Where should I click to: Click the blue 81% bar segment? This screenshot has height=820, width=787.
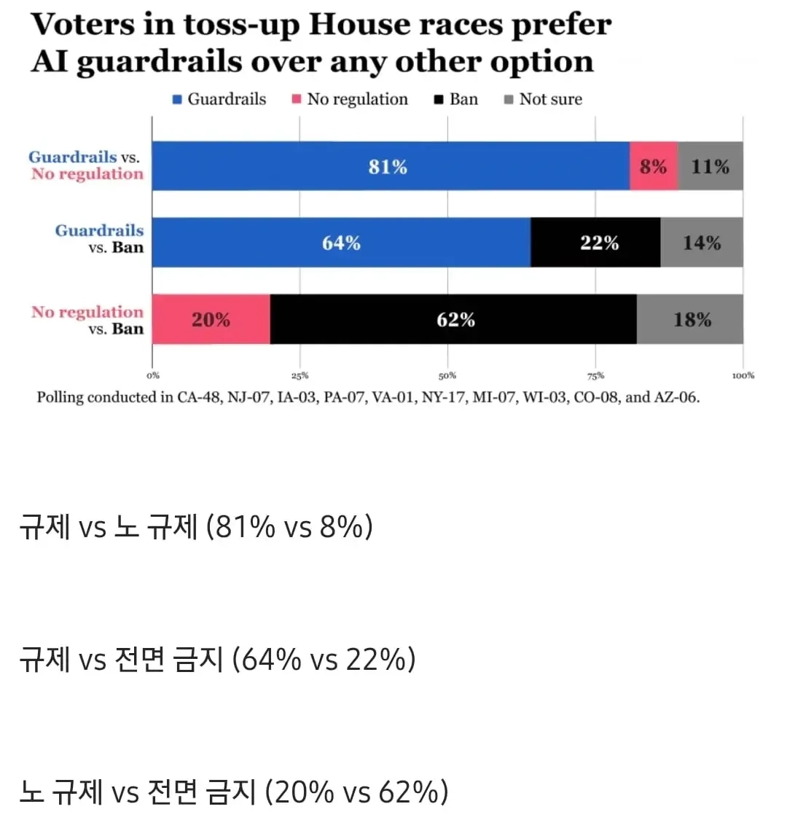point(391,165)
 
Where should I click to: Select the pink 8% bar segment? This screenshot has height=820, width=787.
point(654,165)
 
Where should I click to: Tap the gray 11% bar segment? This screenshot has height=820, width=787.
point(710,165)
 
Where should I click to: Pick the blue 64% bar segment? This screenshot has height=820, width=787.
point(342,242)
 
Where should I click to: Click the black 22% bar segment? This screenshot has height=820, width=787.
point(595,242)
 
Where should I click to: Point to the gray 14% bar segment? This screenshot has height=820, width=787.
point(702,242)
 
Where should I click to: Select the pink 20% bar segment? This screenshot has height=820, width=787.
point(211,319)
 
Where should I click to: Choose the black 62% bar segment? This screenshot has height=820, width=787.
point(453,319)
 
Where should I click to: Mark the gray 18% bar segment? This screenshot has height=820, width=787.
point(690,319)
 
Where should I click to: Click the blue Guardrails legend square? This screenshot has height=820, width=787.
point(177,99)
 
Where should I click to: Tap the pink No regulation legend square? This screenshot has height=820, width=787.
point(297,99)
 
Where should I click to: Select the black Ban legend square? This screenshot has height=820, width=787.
point(439,99)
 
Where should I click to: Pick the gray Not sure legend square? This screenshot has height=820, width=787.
point(509,99)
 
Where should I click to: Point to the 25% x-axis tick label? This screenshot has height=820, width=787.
point(300,375)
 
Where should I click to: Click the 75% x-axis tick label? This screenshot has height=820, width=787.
point(595,375)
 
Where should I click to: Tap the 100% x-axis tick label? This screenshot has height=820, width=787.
point(743,375)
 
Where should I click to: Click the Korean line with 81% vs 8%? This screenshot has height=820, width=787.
point(196,526)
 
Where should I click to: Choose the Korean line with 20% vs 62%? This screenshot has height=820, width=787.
point(234,792)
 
